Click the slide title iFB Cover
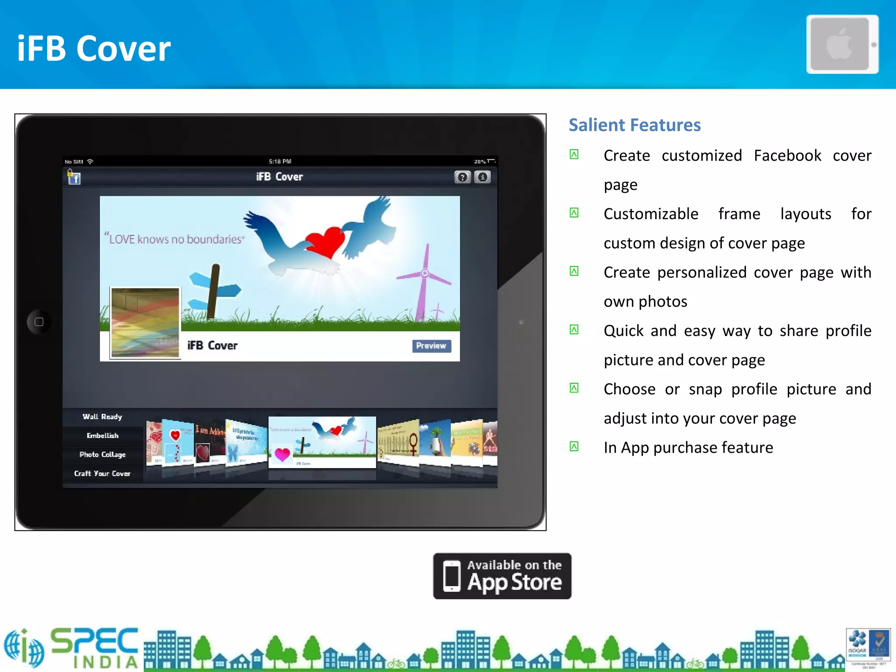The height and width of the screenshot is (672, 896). (94, 48)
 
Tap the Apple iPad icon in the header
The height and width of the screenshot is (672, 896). (842, 44)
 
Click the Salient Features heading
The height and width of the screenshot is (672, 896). (634, 125)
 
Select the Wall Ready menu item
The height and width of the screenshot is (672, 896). (102, 416)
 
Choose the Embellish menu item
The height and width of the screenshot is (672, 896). (102, 435)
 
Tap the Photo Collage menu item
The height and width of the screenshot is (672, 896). (102, 455)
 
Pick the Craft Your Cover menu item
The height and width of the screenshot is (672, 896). (102, 473)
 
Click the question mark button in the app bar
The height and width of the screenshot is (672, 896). (462, 177)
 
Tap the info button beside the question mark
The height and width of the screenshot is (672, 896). (483, 177)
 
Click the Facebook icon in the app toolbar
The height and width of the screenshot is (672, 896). (74, 178)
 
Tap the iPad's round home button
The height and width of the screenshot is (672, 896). (39, 322)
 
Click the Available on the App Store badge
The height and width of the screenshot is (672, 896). (502, 576)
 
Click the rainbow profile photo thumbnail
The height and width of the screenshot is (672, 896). (145, 322)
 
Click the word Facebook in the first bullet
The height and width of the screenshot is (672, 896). (787, 156)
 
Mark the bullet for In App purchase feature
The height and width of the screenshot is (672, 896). (574, 447)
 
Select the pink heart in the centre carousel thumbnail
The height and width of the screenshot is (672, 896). (282, 455)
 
